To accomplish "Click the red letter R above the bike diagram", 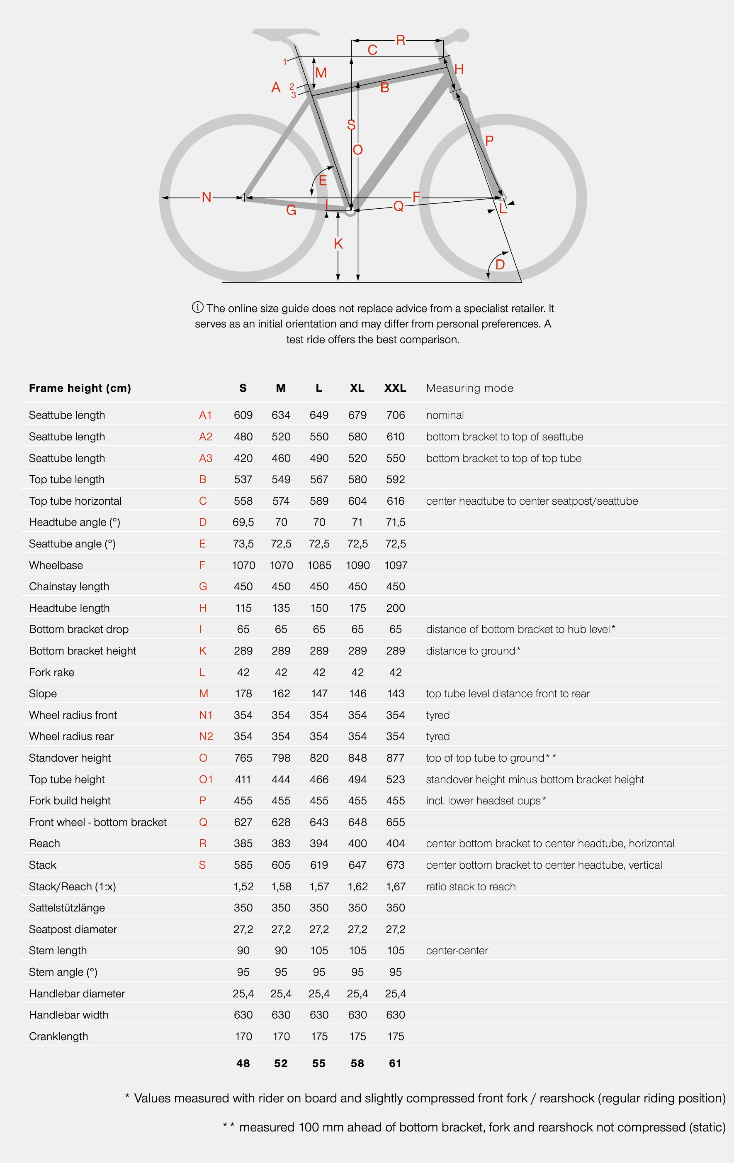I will tap(400, 40).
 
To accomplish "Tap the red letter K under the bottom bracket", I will tap(338, 244).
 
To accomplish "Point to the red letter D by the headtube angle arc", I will tap(500, 265).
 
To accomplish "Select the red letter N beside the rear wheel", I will tap(207, 197).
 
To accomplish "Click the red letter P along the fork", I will tap(489, 141).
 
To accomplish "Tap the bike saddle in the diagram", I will tap(285, 34).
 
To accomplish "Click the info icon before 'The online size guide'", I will tap(197, 307).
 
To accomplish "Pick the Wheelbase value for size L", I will tap(319, 565).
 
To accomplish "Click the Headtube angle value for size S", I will tap(243, 522).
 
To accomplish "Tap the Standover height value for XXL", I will tap(395, 758).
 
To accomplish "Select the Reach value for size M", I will tap(281, 843).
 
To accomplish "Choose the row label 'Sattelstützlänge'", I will tap(67, 907).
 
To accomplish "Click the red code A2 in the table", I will tap(206, 437).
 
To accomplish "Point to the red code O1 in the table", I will tap(206, 779).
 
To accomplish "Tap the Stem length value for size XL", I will tap(357, 950).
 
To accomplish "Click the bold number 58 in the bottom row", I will tap(357, 1063).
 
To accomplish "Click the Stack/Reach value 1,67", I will tap(395, 886).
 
